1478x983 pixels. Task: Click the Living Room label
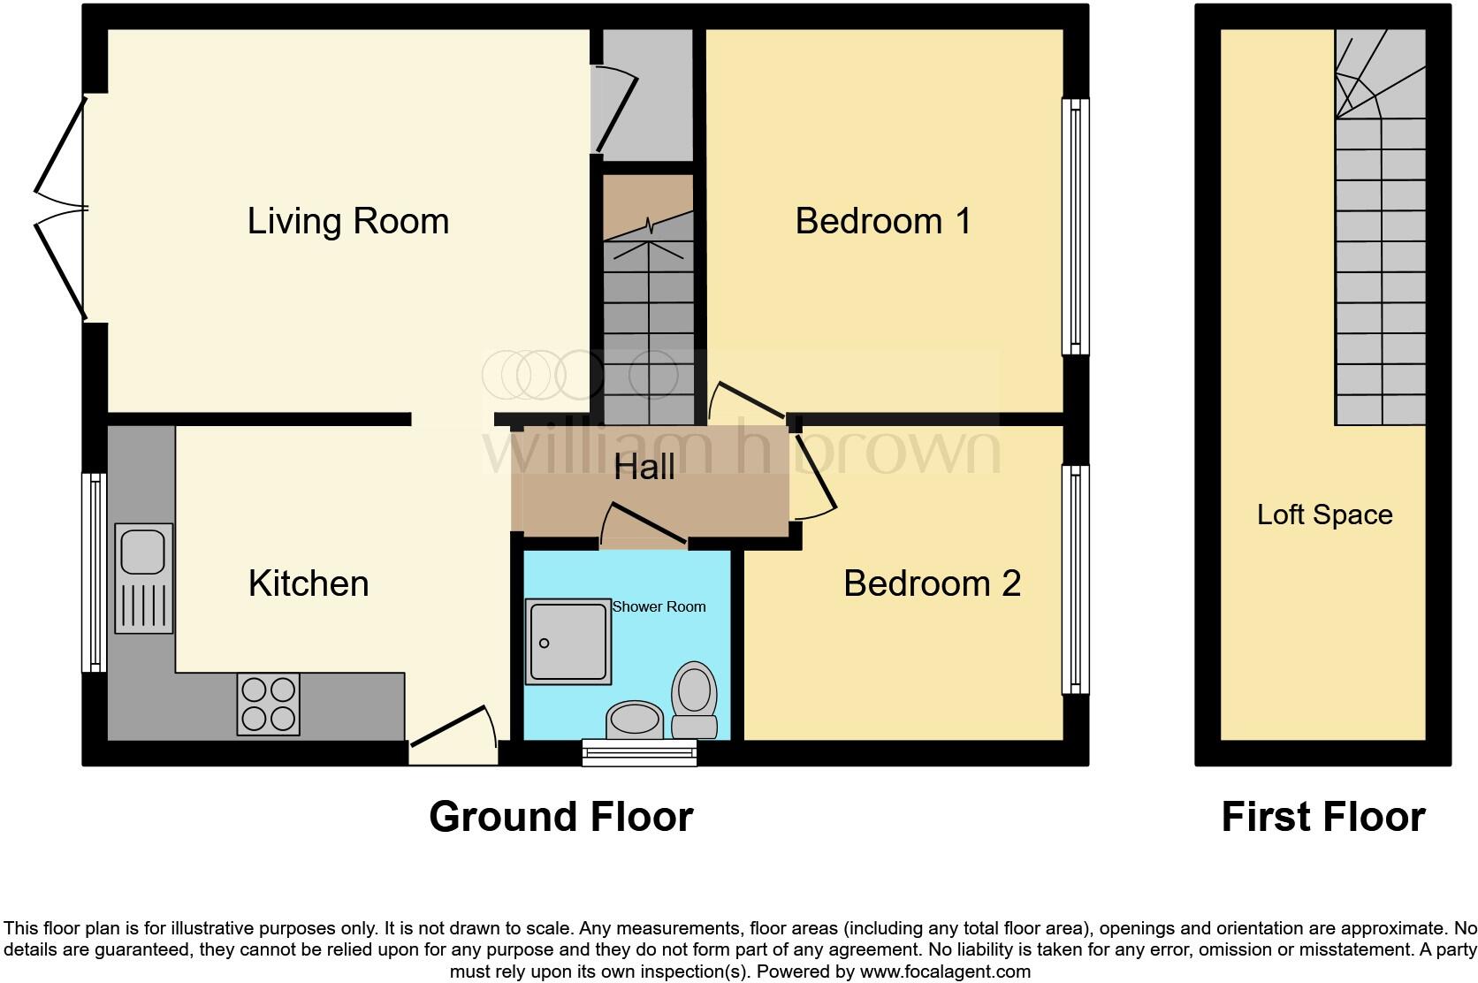[347, 221]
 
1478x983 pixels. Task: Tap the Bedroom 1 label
[882, 221]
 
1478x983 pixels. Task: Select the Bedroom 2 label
[932, 583]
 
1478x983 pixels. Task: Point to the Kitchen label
[309, 583]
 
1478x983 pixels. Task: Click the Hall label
[644, 467]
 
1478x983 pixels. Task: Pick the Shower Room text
[659, 606]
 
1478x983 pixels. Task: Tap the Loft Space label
[1324, 514]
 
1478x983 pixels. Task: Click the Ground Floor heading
[560, 817]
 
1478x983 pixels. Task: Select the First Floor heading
[1322, 817]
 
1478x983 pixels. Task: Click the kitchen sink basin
[143, 551]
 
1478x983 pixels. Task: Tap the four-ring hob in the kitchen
[268, 704]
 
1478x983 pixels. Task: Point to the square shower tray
[568, 642]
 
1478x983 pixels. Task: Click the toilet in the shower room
[695, 700]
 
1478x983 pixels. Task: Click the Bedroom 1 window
[1075, 225]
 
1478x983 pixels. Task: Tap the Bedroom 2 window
[1075, 579]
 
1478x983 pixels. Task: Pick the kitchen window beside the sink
[94, 572]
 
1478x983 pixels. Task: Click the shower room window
[639, 752]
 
